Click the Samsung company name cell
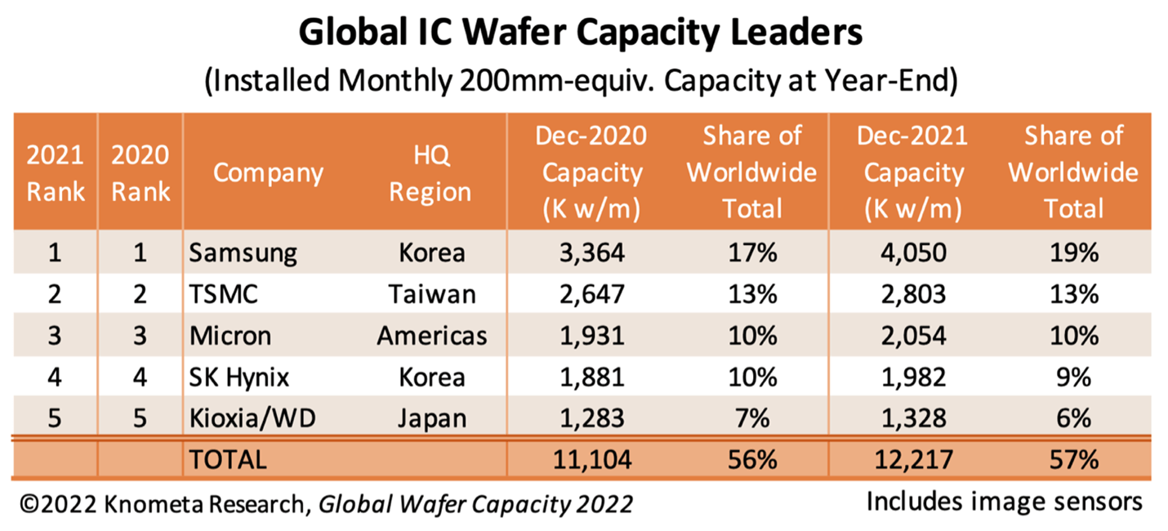(x=243, y=253)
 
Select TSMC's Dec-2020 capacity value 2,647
(x=590, y=294)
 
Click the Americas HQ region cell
(x=431, y=336)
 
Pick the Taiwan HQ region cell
(x=431, y=294)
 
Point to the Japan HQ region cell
(x=431, y=419)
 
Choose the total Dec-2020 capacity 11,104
(x=590, y=460)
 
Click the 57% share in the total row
(x=1073, y=460)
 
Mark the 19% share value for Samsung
(x=1073, y=253)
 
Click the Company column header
(x=268, y=173)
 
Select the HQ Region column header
(x=430, y=173)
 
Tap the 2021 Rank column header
(x=55, y=173)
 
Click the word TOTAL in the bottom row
(x=228, y=460)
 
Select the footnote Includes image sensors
(x=1004, y=501)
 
